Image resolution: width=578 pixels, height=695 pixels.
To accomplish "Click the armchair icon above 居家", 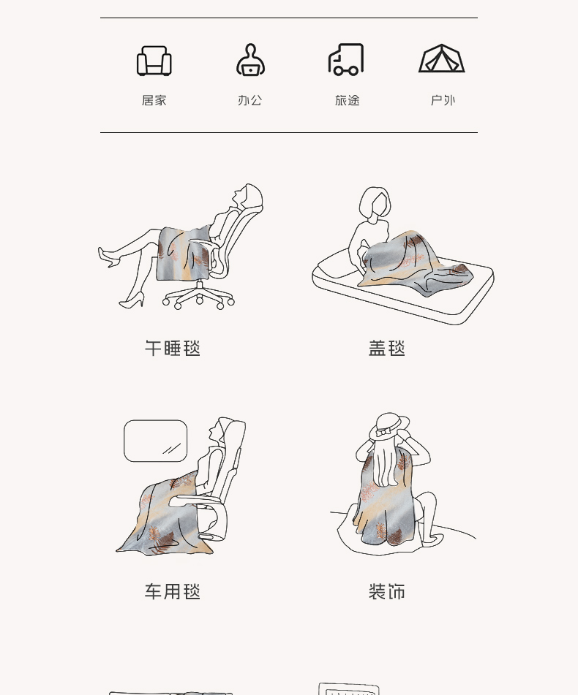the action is point(154,61).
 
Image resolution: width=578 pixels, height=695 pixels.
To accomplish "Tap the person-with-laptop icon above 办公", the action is point(251,60).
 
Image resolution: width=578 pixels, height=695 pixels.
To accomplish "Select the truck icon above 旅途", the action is point(346,59).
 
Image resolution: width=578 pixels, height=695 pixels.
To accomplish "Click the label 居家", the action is point(154,101).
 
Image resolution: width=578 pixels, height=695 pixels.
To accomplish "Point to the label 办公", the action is point(250,101).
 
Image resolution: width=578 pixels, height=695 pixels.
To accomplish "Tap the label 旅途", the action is point(347,101).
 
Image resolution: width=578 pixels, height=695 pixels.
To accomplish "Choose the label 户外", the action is point(443,101).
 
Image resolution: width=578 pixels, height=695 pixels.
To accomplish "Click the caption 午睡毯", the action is point(173,349).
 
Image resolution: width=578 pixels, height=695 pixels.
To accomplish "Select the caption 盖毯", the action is point(387,349).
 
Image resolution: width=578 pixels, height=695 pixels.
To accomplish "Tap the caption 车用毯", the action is point(173,592).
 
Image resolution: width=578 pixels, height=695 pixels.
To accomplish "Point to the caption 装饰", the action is point(387,592).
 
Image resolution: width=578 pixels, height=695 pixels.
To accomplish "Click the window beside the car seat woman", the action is point(155,441).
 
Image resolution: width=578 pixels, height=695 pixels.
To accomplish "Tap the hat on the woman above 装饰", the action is point(389,426).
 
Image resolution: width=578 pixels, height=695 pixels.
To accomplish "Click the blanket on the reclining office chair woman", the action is point(184,253).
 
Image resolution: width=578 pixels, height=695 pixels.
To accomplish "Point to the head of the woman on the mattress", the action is point(375,203).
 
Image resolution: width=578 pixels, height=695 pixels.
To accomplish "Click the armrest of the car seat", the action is point(195,501).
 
